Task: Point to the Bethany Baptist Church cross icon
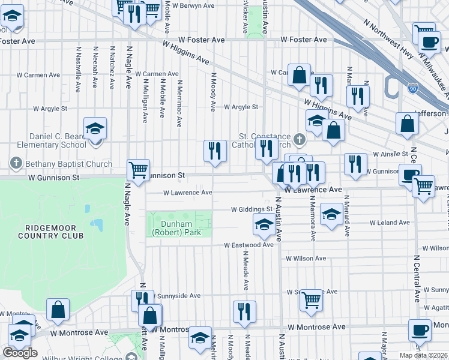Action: [x=16, y=163]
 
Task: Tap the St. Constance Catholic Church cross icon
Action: [x=300, y=139]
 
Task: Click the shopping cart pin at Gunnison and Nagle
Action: [x=138, y=170]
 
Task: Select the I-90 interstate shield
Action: [x=412, y=88]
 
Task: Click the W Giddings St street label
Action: [x=252, y=210]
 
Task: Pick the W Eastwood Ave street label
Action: [x=249, y=245]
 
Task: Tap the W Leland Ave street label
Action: [x=390, y=223]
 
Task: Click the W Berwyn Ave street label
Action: [x=193, y=5]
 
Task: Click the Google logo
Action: [x=20, y=353]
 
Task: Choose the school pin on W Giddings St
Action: [x=262, y=224]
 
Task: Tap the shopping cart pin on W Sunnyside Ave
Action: [x=310, y=298]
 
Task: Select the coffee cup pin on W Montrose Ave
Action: [x=420, y=330]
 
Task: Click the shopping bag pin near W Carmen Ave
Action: [x=299, y=76]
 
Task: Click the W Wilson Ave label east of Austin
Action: [x=306, y=259]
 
